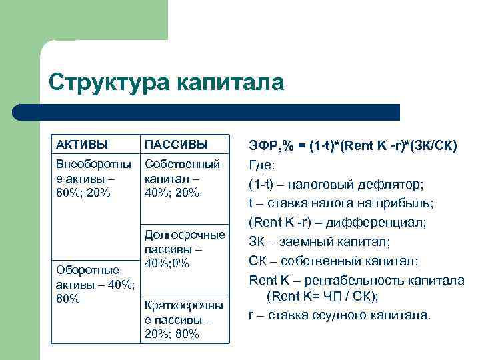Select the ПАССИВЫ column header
pyautogui.click(x=176, y=145)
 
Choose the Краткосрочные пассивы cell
pyautogui.click(x=183, y=319)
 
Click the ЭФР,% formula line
pyautogui.click(x=353, y=145)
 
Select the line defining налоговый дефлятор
pyautogui.click(x=336, y=183)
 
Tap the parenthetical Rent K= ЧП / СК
pyautogui.click(x=323, y=296)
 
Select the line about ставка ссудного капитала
pyautogui.click(x=340, y=315)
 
